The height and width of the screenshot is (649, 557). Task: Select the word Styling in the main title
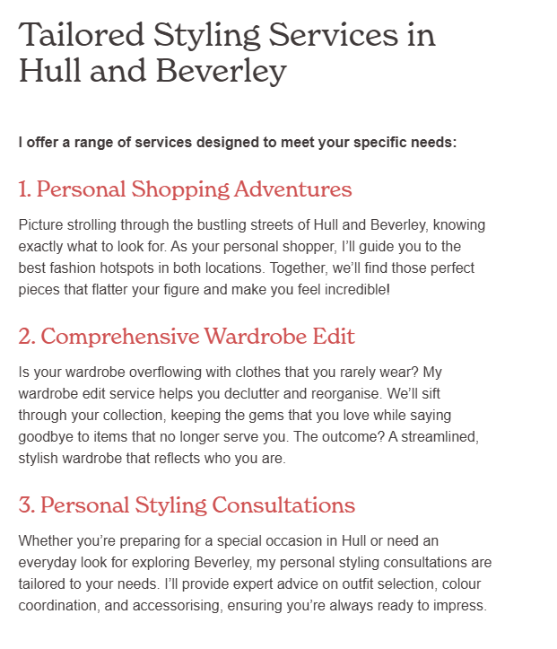[x=209, y=34]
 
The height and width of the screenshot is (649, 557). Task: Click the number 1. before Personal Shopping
[x=25, y=189]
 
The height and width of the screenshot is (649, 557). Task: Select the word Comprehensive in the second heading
[x=120, y=337]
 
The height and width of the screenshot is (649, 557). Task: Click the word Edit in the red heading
[x=335, y=337]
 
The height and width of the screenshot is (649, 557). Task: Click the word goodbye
[x=48, y=436]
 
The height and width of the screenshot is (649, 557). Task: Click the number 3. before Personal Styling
[x=27, y=505]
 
